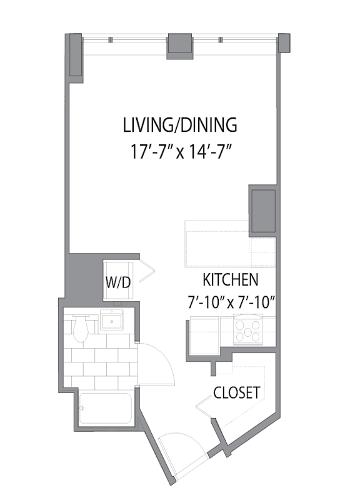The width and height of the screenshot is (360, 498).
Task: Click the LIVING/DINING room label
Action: pyautogui.click(x=180, y=125)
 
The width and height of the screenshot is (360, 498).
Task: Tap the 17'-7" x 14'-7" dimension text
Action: pyautogui.click(x=180, y=151)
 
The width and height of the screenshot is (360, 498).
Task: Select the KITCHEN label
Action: pyautogui.click(x=231, y=280)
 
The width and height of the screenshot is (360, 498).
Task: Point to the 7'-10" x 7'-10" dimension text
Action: pyautogui.click(x=231, y=302)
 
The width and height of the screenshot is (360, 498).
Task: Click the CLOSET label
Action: pyautogui.click(x=237, y=392)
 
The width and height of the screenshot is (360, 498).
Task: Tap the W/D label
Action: pyautogui.click(x=118, y=282)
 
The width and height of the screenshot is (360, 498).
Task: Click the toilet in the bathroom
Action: pyautogui.click(x=81, y=328)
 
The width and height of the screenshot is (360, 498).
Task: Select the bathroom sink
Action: pyautogui.click(x=111, y=320)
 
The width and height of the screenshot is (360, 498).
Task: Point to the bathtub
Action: pyautogui.click(x=105, y=409)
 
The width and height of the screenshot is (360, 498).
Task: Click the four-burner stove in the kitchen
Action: pyautogui.click(x=248, y=330)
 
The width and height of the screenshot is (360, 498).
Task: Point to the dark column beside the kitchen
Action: pyautogui.click(x=262, y=211)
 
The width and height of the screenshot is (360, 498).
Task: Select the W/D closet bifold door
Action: pyautogui.click(x=146, y=271)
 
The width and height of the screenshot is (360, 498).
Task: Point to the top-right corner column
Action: pyautogui.click(x=284, y=43)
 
